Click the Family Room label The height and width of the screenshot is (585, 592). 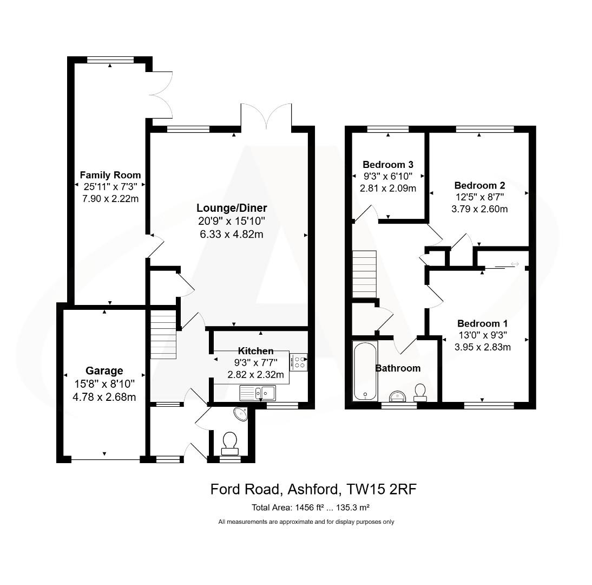point(110,175)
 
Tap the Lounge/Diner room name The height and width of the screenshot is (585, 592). point(232,207)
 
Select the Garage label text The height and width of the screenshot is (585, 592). point(104,371)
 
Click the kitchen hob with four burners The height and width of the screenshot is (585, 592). point(299,361)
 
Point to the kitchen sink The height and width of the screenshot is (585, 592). point(258,392)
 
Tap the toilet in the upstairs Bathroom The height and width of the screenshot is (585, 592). point(420,392)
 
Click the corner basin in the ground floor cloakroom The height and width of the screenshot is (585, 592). point(240,414)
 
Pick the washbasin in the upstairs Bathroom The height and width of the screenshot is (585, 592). point(398,395)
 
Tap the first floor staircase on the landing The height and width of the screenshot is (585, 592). point(364,274)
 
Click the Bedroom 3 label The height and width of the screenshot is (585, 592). point(388,165)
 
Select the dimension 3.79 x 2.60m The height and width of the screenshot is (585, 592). point(481,209)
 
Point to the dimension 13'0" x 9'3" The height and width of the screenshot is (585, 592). point(484,335)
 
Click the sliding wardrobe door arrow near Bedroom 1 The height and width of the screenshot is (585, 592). point(514,264)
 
